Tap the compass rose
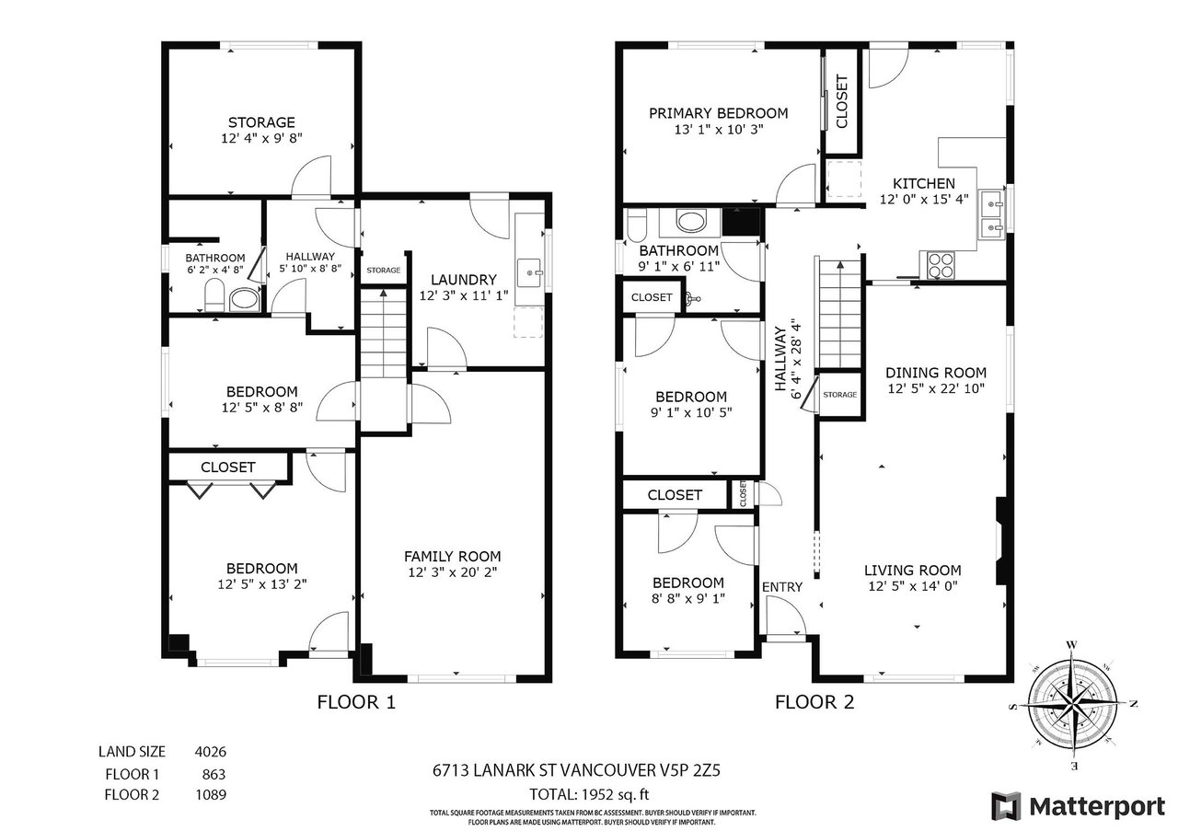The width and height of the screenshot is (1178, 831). point(1072,705)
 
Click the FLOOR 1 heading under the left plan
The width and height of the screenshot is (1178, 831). point(356,702)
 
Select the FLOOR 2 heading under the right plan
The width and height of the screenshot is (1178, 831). point(814,702)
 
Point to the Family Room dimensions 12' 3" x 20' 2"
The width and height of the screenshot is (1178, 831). point(453,572)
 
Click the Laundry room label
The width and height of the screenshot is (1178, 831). point(464,280)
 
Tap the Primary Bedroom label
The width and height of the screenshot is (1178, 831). point(719,113)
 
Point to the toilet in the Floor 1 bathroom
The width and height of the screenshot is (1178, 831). point(214,295)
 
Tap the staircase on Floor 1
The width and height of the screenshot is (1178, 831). point(384,333)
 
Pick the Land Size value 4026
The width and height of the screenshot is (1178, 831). point(211,752)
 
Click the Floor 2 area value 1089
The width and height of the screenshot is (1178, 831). point(211,795)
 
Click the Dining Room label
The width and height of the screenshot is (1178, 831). point(936,373)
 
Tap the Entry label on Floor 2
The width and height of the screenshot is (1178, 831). point(782,587)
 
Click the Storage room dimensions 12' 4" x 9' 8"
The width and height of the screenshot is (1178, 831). point(262,138)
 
